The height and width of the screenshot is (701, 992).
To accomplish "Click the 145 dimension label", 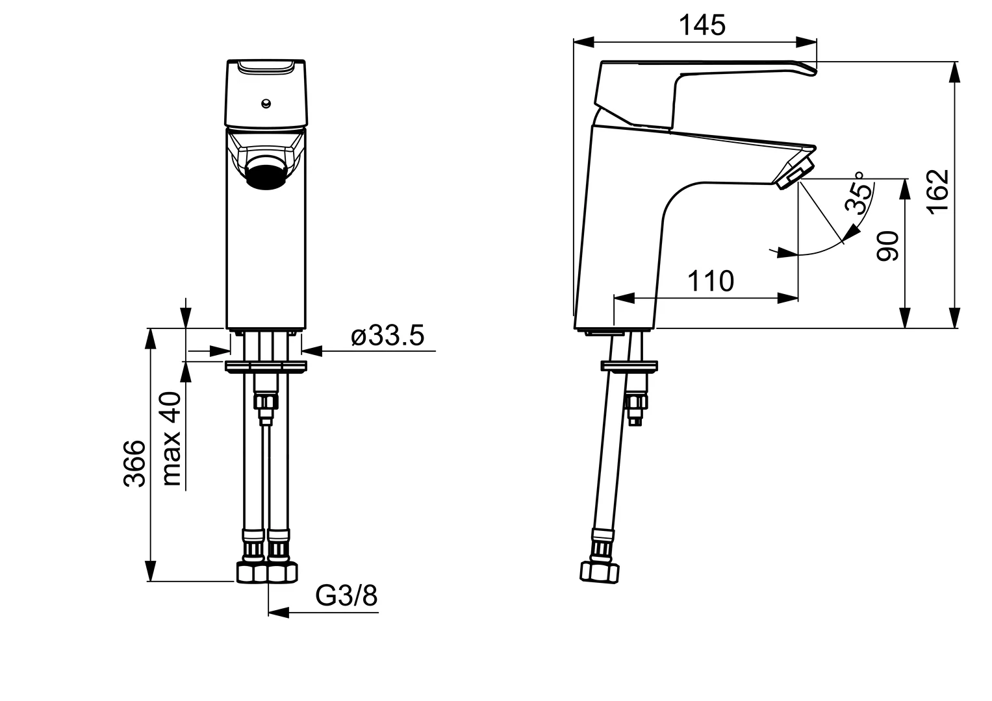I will (702, 26).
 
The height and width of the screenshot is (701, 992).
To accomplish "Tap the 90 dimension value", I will (888, 246).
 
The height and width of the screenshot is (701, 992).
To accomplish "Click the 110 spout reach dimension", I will (711, 281).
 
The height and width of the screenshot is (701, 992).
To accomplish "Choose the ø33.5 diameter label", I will (387, 336).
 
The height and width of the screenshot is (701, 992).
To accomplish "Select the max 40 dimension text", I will (171, 439).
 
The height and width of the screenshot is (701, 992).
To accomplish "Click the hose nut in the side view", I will (600, 572).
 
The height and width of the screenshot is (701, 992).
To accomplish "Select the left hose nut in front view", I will (251, 572).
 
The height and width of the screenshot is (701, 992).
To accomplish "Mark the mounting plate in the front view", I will (266, 367).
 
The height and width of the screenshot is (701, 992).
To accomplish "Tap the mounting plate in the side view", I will (630, 367).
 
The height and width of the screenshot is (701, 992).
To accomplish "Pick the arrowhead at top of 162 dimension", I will (955, 72).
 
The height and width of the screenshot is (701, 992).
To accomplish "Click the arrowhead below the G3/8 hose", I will (279, 613).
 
